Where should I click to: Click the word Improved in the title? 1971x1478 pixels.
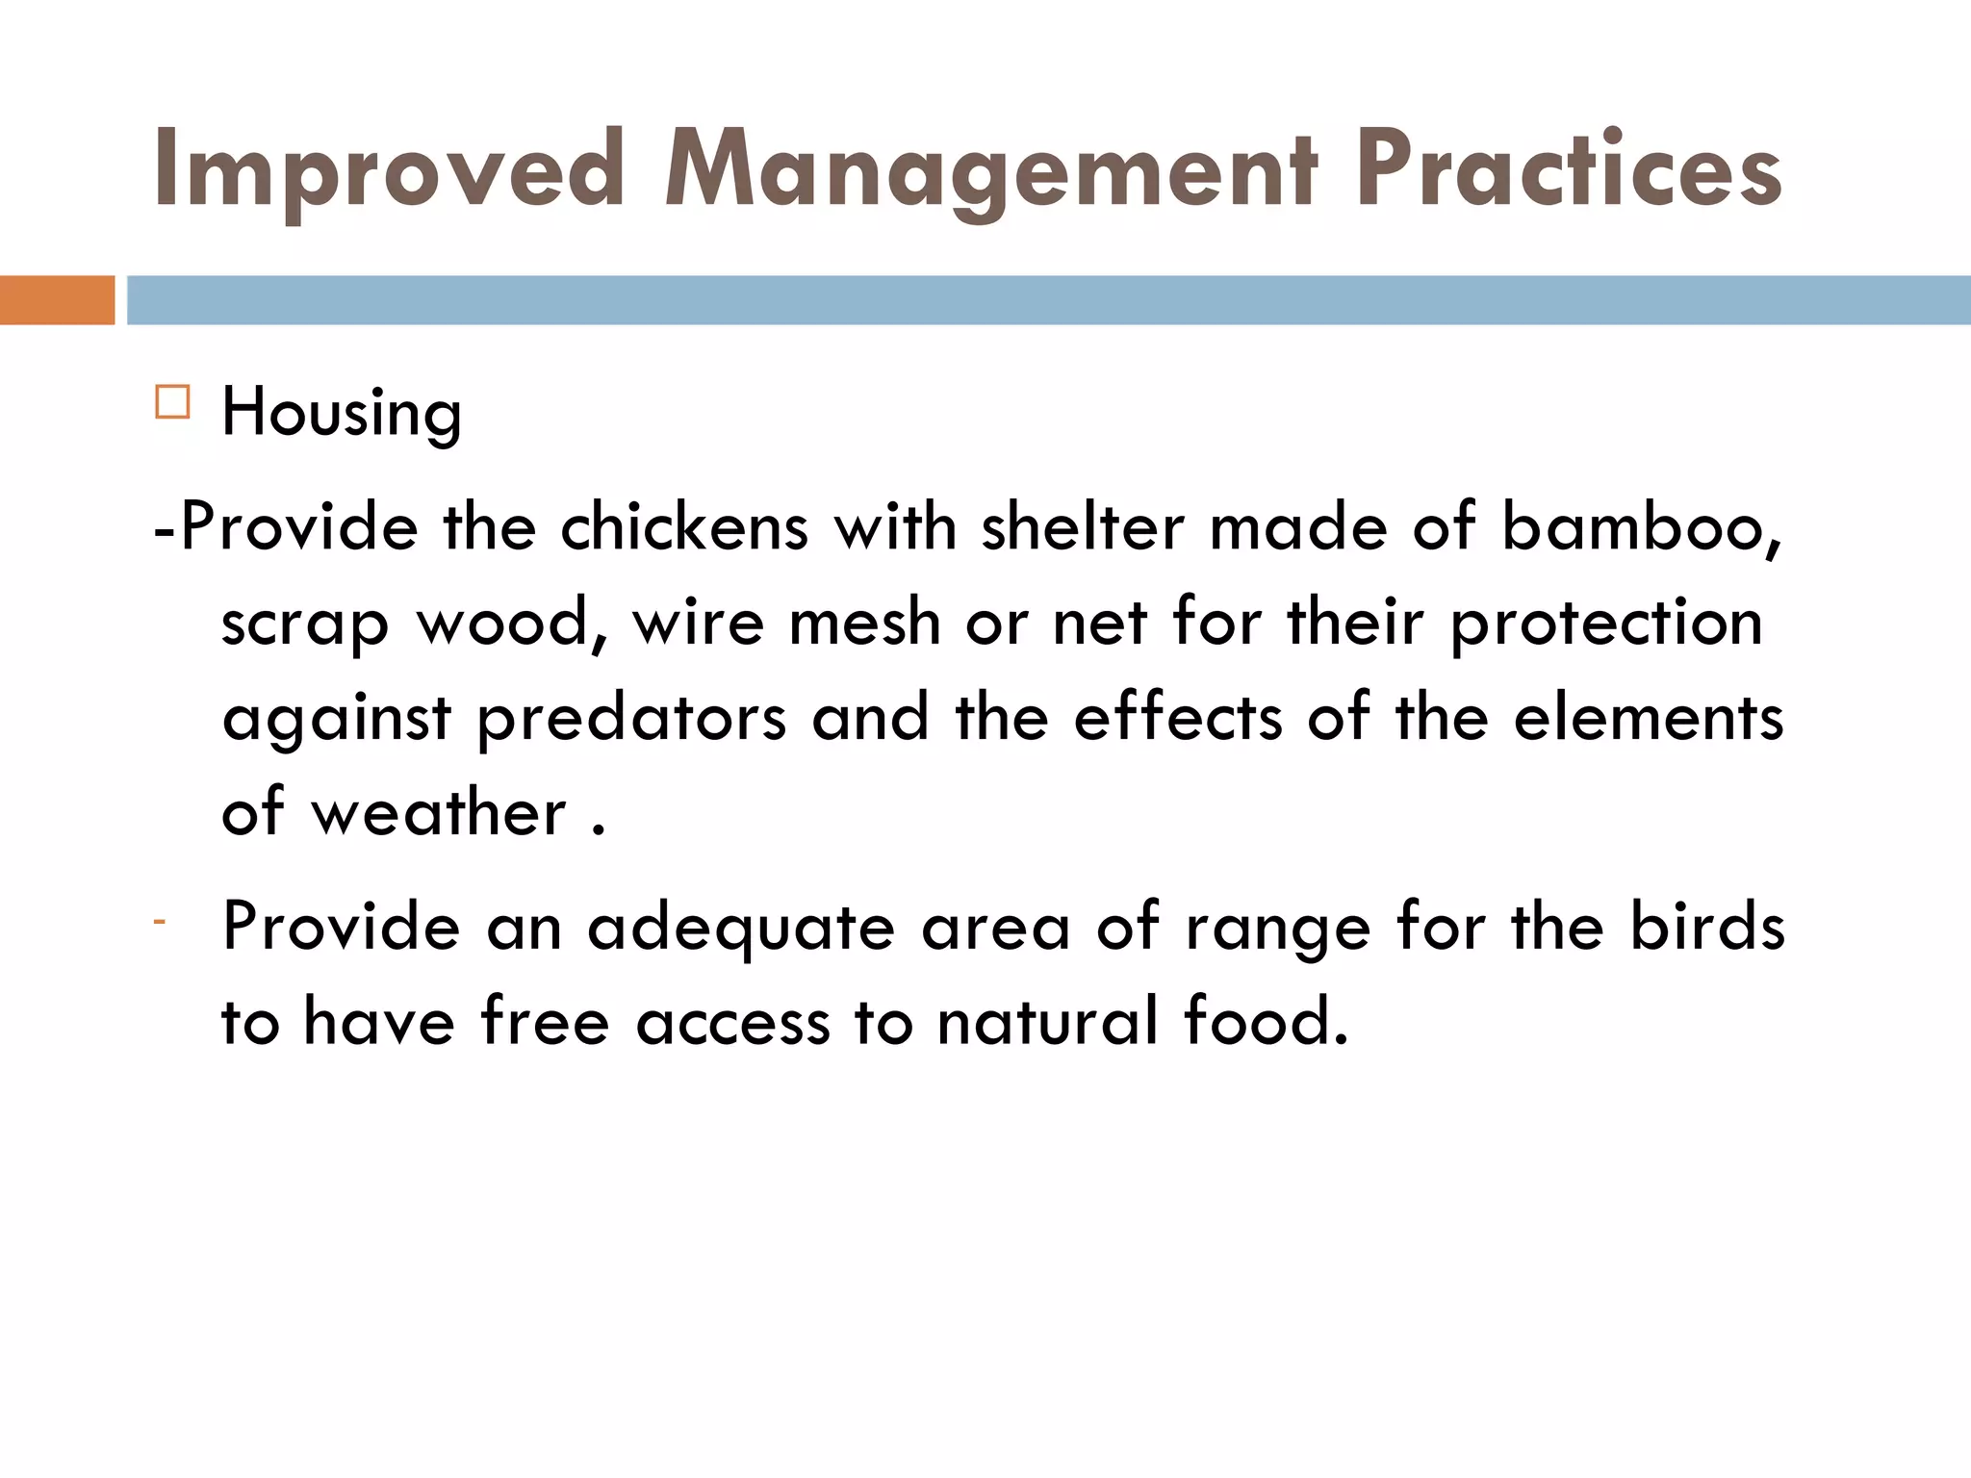click(390, 171)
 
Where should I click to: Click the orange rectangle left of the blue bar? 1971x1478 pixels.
click(57, 300)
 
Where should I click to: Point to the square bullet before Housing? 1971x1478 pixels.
click(172, 401)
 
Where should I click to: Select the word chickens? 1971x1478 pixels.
click(684, 528)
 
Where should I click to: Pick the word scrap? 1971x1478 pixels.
click(305, 624)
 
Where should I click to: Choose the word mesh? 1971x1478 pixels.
click(864, 623)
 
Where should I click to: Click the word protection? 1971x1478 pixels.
click(1606, 624)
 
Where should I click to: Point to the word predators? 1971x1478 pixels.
click(631, 719)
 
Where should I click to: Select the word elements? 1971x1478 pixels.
click(1649, 719)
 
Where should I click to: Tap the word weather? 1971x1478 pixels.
click(439, 813)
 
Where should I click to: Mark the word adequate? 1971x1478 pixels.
click(741, 929)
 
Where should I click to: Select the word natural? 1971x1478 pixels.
click(1048, 1022)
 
